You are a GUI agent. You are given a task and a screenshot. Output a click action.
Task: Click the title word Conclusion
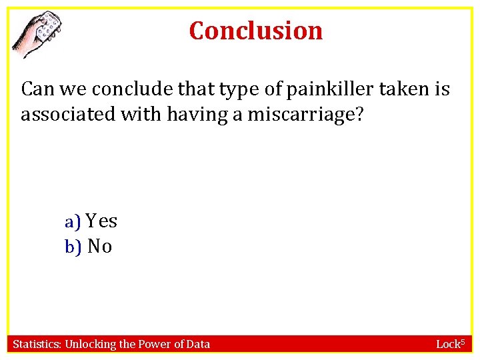click(x=256, y=31)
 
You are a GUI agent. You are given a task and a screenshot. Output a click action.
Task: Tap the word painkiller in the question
click(x=332, y=89)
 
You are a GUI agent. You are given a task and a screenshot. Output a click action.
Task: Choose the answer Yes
click(x=101, y=221)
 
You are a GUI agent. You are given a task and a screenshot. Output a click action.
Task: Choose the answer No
click(x=100, y=247)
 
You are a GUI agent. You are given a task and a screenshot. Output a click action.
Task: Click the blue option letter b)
click(x=73, y=247)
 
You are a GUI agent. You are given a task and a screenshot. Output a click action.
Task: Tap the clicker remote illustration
click(x=39, y=34)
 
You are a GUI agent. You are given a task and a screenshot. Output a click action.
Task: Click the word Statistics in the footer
click(x=37, y=344)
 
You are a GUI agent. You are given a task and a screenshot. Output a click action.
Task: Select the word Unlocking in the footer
click(x=89, y=344)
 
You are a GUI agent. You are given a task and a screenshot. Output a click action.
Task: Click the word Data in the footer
click(x=197, y=344)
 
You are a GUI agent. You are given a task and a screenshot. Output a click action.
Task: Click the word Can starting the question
click(x=35, y=89)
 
